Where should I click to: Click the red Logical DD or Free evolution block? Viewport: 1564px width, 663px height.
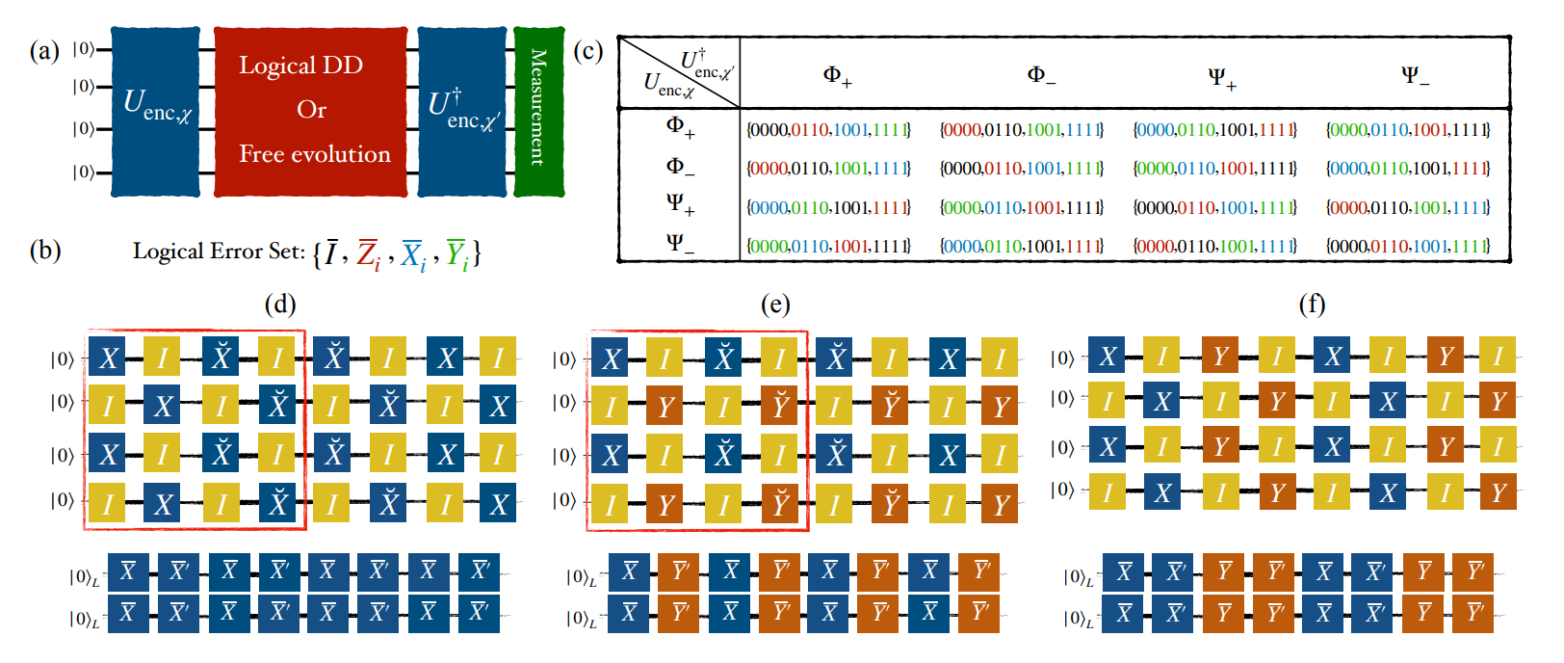click(310, 111)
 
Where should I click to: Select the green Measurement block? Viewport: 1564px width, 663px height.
click(538, 111)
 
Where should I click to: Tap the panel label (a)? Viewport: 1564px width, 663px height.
click(44, 50)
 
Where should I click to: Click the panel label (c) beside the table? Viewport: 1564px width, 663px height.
click(588, 50)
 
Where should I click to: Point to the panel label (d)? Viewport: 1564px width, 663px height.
click(280, 305)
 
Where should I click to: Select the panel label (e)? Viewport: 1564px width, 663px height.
click(775, 305)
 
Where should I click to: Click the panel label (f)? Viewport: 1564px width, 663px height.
click(1312, 305)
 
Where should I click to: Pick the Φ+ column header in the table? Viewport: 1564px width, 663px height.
click(837, 76)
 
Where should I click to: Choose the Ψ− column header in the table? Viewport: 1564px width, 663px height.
click(1415, 76)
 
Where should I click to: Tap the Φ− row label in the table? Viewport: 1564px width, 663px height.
click(680, 167)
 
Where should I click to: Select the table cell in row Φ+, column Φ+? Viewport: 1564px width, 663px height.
click(828, 129)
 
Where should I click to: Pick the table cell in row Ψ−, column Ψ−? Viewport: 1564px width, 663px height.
click(1407, 246)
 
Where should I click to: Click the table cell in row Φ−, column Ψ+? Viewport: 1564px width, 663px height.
click(1214, 168)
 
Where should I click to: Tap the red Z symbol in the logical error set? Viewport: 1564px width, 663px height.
click(368, 253)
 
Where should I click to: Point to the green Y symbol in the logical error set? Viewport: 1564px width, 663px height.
click(456, 253)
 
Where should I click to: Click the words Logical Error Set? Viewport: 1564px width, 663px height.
click(219, 252)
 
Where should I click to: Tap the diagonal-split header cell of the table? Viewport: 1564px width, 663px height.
click(679, 73)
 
